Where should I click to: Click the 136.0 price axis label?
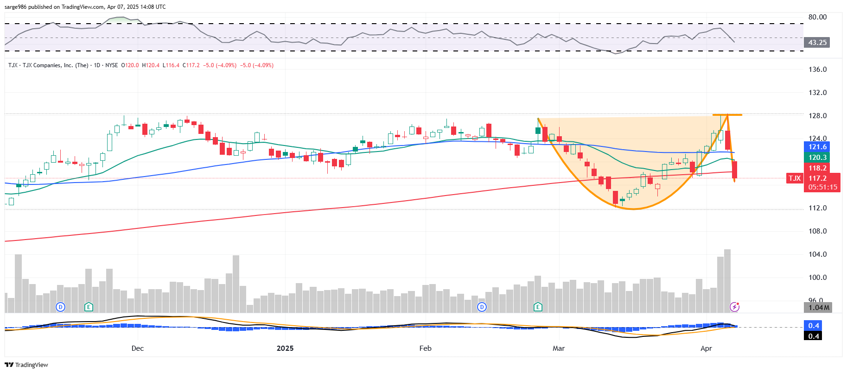(x=817, y=70)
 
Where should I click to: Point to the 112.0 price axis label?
(x=817, y=208)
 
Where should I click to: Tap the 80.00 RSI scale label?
(x=817, y=17)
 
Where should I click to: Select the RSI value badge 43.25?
(x=817, y=43)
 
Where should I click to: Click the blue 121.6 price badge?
(x=817, y=147)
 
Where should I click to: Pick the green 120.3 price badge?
(x=817, y=158)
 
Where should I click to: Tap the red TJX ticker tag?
(x=795, y=178)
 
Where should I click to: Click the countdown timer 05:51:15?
(x=822, y=187)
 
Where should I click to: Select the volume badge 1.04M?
(x=818, y=308)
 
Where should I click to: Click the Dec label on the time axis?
(x=138, y=348)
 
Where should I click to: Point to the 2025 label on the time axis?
(x=285, y=348)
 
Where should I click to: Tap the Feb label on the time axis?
(x=425, y=348)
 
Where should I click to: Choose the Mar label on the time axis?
(x=559, y=348)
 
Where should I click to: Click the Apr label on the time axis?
(x=706, y=348)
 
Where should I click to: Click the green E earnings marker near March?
(x=538, y=307)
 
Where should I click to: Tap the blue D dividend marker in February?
(x=482, y=307)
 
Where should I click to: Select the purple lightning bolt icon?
(x=734, y=307)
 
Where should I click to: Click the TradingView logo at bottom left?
(x=26, y=365)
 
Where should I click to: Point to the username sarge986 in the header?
(x=15, y=7)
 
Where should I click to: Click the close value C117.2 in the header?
(x=191, y=65)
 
